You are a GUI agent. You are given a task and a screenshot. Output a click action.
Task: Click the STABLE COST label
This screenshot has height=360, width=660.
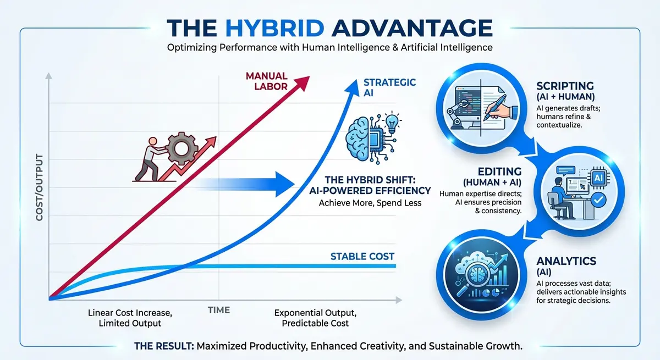[362, 257]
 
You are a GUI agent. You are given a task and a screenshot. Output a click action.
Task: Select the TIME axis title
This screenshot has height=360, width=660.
[219, 310]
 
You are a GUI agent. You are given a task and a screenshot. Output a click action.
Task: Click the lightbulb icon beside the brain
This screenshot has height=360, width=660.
[392, 122]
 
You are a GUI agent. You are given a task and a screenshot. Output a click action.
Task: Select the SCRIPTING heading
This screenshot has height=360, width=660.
[565, 86]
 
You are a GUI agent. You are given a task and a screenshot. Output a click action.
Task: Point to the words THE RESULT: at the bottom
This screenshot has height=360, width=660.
[163, 347]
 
